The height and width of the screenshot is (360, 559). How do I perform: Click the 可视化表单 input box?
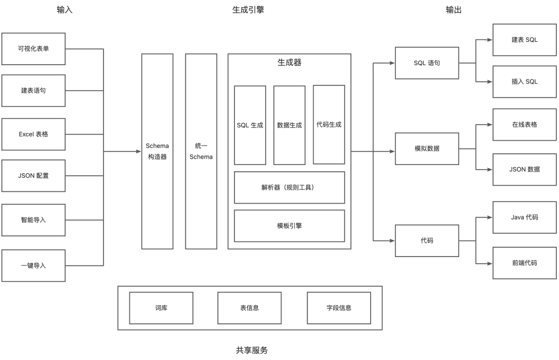[x=34, y=49]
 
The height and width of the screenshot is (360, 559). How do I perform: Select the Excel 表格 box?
[x=34, y=134]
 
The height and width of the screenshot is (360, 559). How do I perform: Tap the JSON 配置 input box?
[x=34, y=175]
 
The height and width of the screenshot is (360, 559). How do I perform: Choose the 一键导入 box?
[x=34, y=265]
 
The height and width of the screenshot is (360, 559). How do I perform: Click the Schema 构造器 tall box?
[x=157, y=151]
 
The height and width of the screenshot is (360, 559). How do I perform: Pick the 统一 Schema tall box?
[x=201, y=151]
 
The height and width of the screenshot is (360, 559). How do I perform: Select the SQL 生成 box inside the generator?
[x=250, y=125]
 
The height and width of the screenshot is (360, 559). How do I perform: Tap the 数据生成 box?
[x=289, y=125]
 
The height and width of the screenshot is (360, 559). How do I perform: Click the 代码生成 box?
[x=329, y=125]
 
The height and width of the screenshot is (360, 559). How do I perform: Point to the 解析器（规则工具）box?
[x=289, y=187]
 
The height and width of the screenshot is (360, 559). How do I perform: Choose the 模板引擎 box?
[x=289, y=226]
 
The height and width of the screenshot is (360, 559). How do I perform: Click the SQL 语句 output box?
[x=426, y=63]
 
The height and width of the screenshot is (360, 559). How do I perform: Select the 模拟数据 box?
[x=426, y=148]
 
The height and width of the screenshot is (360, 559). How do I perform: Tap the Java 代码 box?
[x=524, y=217]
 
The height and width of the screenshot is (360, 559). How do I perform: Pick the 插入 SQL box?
[x=524, y=82]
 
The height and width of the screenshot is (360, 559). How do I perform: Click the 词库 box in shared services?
[x=161, y=308]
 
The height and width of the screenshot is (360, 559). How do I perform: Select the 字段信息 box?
[x=339, y=308]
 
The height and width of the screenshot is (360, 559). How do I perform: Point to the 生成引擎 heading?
[x=248, y=9]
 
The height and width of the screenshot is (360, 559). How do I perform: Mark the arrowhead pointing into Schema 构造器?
[x=138, y=152]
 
